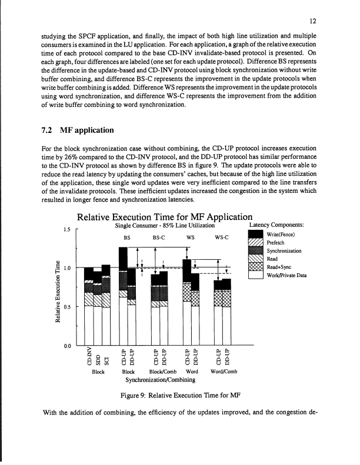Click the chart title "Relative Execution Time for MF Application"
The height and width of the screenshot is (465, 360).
coord(158,215)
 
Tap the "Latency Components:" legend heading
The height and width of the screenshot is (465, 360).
coord(276,226)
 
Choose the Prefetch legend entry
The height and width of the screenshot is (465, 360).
coord(276,246)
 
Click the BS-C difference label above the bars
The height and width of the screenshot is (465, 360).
coord(159,239)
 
